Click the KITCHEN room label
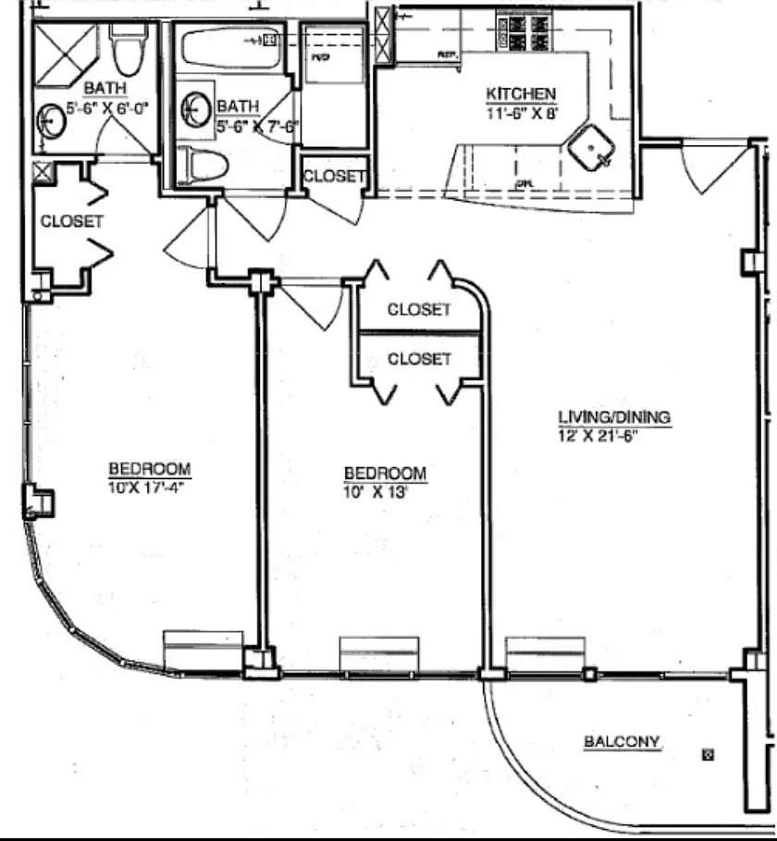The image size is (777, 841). pos(522,93)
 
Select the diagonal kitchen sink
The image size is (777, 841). pos(590,149)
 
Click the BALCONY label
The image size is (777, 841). pos(622,741)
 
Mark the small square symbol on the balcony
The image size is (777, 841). pos(709,754)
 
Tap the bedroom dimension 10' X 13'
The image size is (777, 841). pos(376,491)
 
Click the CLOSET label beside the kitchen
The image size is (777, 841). pos(335,176)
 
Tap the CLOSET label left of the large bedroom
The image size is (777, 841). pos(71,221)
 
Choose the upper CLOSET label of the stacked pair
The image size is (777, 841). pos(419,309)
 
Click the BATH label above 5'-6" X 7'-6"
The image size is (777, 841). pos(238,106)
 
